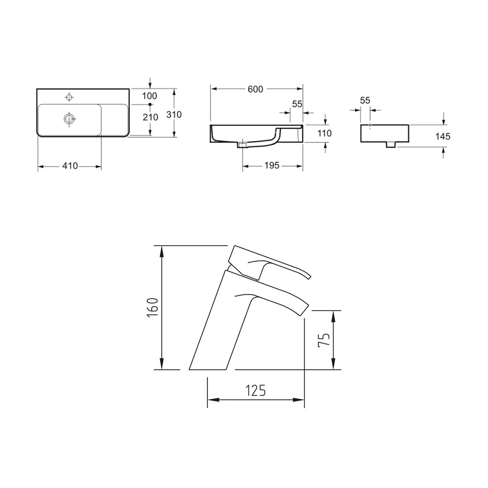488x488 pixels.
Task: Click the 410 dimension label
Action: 70,166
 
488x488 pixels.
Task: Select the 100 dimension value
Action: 150,96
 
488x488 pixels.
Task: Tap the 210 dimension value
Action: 150,117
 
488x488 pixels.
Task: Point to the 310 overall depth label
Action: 174,114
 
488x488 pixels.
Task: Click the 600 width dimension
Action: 255,89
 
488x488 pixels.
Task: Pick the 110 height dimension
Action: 325,133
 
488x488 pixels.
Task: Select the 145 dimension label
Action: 443,136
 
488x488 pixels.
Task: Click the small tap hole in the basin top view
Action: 69,97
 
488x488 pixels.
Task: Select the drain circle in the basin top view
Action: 69,119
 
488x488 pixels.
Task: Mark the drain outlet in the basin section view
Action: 242,144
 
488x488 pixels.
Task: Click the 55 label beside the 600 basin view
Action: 297,104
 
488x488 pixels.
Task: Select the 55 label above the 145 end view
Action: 365,101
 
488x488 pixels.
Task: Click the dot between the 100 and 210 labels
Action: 150,105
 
